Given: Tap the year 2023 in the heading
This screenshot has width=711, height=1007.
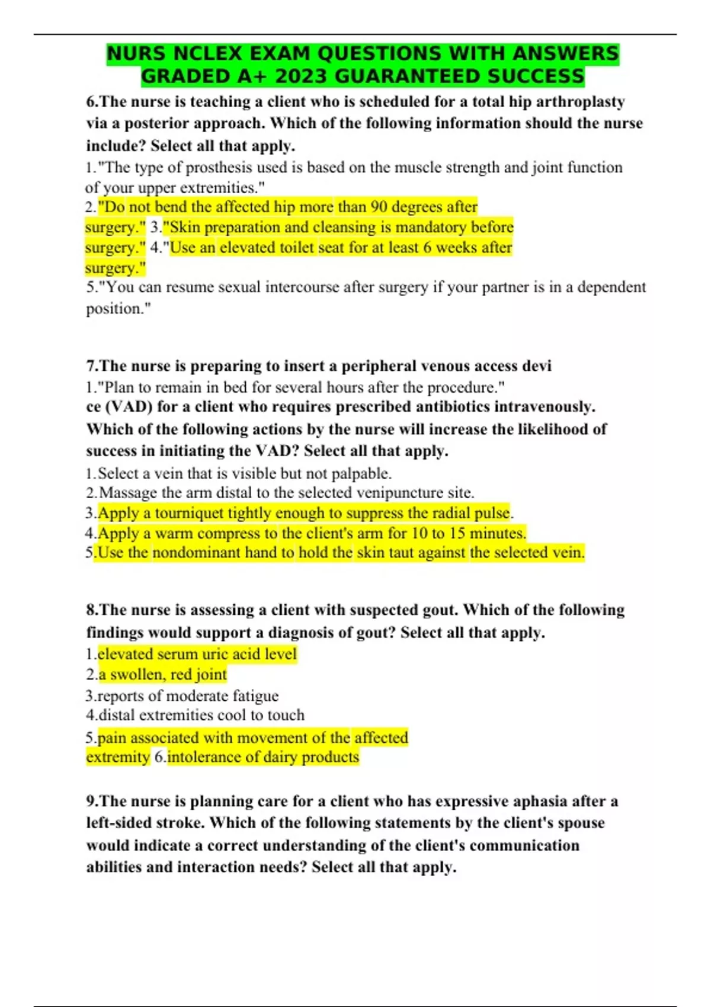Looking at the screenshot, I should coord(300,76).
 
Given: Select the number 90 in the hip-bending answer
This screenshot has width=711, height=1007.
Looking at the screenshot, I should coord(379,207).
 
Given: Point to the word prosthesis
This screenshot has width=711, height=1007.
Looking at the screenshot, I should coord(220,168).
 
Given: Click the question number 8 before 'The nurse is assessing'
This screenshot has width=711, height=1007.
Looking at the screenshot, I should coord(91,610).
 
